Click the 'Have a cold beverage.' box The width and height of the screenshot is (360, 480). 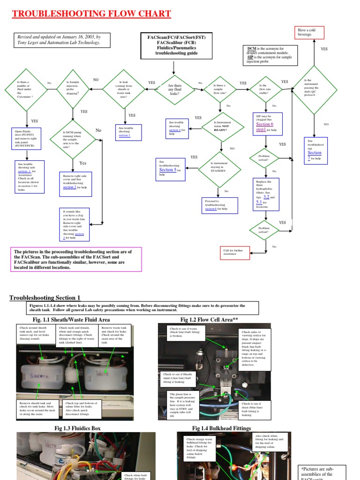click(310, 32)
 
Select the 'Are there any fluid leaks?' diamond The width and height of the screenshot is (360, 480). click(174, 89)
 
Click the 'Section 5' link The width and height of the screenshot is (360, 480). click(168, 170)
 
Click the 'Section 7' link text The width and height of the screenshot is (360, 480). click(315, 155)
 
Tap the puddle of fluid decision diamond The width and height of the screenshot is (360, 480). click(25, 89)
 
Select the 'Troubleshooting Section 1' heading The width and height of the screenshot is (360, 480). click(45, 298)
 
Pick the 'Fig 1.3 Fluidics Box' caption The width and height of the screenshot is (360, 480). click(77, 428)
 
